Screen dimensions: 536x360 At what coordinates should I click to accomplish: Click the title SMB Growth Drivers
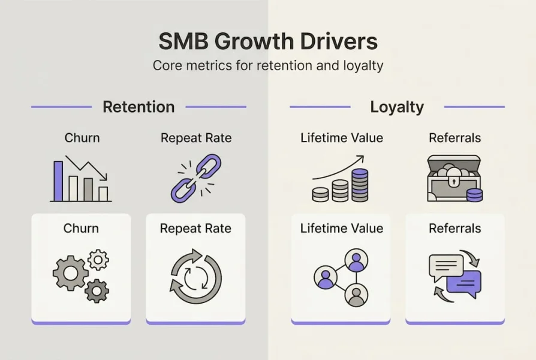pyautogui.click(x=268, y=41)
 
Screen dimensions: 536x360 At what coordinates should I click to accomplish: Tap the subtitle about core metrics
pyautogui.click(x=268, y=65)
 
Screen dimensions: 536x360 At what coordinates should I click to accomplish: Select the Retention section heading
pyautogui.click(x=138, y=107)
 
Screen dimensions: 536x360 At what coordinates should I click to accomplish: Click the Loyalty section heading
pyautogui.click(x=397, y=107)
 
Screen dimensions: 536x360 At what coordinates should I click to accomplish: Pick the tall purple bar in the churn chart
pyautogui.click(x=58, y=181)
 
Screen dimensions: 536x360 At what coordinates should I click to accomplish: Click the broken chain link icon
pyautogui.click(x=196, y=178)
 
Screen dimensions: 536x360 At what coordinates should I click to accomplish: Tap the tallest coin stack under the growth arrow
pyautogui.click(x=360, y=185)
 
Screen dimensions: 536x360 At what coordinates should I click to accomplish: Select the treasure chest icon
pyautogui.click(x=454, y=178)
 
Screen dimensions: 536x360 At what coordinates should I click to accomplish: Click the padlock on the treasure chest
pyautogui.click(x=454, y=180)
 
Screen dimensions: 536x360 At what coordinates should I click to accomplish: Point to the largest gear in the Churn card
pyautogui.click(x=70, y=273)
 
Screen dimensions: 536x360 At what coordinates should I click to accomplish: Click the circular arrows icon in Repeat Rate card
pyautogui.click(x=196, y=276)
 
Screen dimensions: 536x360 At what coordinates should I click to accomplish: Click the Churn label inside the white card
pyautogui.click(x=81, y=228)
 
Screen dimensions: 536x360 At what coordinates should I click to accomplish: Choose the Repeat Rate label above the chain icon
pyautogui.click(x=196, y=138)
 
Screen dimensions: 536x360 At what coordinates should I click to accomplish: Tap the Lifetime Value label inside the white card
pyautogui.click(x=342, y=228)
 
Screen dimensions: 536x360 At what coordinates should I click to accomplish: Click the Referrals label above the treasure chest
pyautogui.click(x=455, y=138)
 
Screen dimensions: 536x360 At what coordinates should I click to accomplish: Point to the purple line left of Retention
pyautogui.click(x=62, y=107)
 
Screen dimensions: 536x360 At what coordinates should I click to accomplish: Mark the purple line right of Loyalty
pyautogui.click(x=474, y=107)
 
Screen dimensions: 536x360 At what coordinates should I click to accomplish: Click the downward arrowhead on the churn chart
pyautogui.click(x=104, y=176)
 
